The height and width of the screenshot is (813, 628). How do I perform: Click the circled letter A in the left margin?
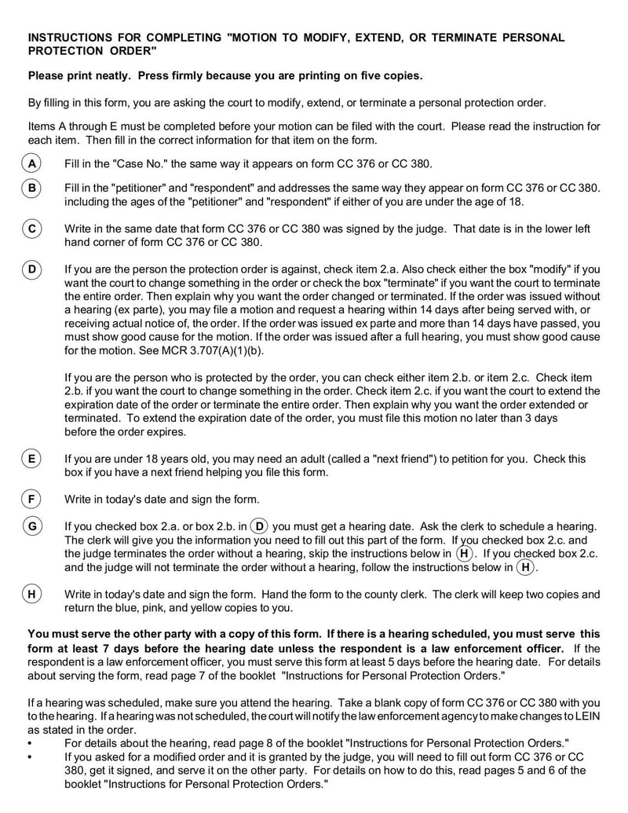point(31,163)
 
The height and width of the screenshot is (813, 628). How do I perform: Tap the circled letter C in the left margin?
point(31,229)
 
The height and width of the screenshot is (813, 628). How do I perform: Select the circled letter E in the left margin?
point(31,459)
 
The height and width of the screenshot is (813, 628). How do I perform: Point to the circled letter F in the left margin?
point(31,499)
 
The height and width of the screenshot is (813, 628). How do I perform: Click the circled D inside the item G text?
point(260,526)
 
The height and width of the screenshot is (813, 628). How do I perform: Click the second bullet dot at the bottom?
point(30,756)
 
